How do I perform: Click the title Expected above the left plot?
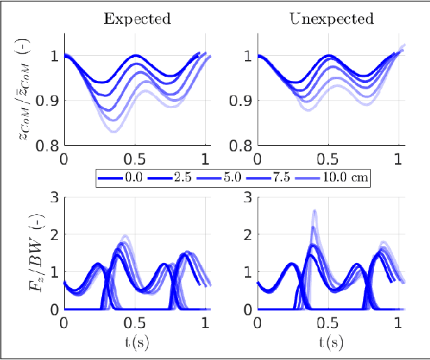(x=137, y=19)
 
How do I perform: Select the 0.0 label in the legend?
(x=133, y=178)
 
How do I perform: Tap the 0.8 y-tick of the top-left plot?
(x=49, y=146)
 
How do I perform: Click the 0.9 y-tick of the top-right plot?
(x=243, y=101)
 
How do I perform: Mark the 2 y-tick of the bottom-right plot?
(x=249, y=234)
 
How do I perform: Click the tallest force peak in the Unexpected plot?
(x=315, y=211)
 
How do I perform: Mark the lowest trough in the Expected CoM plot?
(x=114, y=132)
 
